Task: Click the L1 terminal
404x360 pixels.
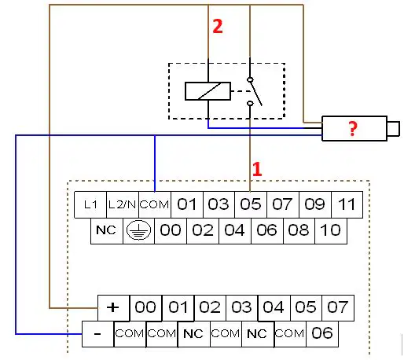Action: coord(90,204)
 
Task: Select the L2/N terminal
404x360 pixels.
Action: coord(123,204)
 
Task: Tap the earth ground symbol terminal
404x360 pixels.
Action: coord(138,231)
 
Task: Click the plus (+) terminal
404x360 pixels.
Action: coord(113,308)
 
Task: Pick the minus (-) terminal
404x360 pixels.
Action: coord(97,334)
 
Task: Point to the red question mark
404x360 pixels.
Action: coord(353,129)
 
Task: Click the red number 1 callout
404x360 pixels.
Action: coord(257,169)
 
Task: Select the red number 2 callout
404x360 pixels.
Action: coord(218,26)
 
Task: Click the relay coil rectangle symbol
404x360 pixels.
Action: coord(208,91)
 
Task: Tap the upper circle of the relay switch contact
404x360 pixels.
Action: coord(250,79)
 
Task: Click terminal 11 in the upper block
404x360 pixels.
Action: coord(347,204)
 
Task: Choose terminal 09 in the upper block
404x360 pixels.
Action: coord(315,204)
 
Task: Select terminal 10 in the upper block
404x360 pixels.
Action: coord(331,231)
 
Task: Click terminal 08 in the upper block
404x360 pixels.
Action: coord(299,231)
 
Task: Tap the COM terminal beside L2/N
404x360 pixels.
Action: coord(155,204)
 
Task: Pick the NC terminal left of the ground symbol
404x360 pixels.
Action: coord(107,231)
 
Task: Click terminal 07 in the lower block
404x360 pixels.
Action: coord(338,308)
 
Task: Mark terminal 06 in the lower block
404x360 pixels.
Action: coord(322,334)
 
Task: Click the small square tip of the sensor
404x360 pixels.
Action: coord(393,129)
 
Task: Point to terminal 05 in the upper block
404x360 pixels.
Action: coord(251,204)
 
